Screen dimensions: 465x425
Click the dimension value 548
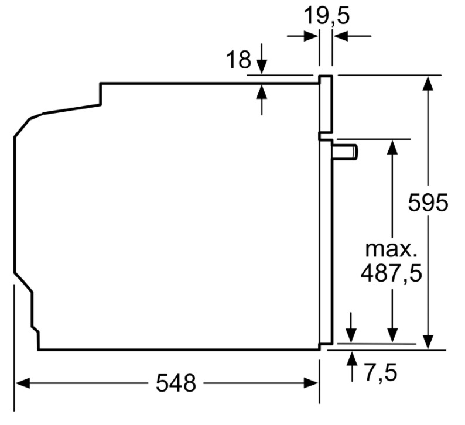[x=176, y=383]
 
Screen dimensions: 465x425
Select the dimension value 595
[x=428, y=203]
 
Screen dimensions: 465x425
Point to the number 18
[x=238, y=59]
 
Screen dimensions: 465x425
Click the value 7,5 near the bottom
[x=380, y=372]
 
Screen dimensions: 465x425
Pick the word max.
[x=391, y=249]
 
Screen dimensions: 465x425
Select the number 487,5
[x=391, y=273]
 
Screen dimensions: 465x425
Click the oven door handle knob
[x=346, y=152]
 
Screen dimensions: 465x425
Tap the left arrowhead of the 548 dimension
[x=22, y=383]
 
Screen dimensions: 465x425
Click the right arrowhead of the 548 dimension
[x=311, y=383]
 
